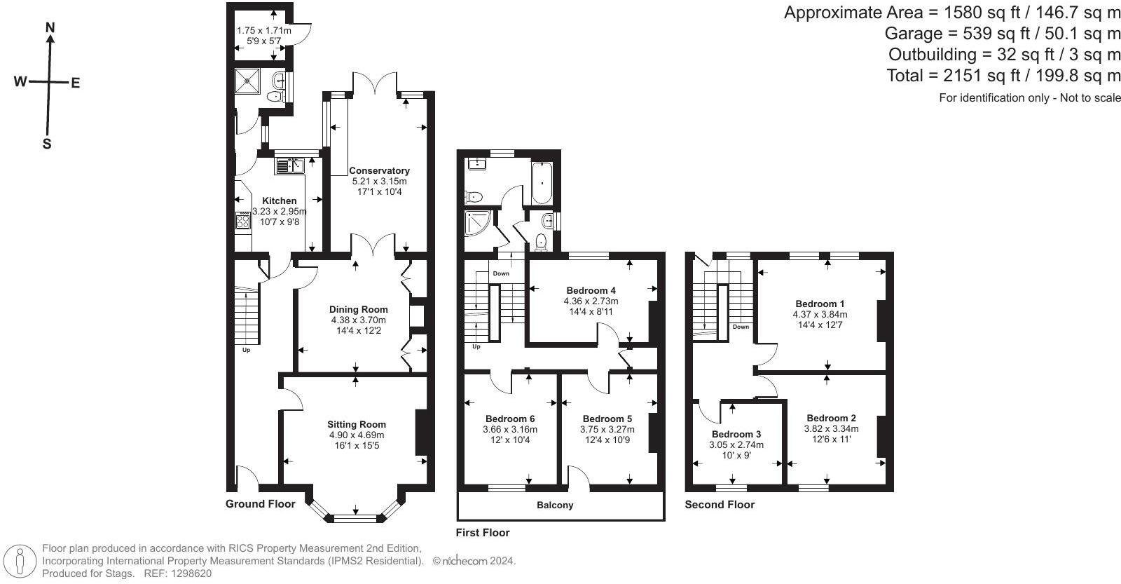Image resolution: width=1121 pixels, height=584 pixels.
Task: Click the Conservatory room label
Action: (x=379, y=170)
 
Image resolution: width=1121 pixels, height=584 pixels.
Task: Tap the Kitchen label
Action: (x=280, y=201)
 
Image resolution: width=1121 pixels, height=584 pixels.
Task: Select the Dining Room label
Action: (x=359, y=309)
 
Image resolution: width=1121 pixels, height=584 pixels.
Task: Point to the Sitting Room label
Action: (x=357, y=424)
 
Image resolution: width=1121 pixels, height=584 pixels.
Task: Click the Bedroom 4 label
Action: (x=591, y=290)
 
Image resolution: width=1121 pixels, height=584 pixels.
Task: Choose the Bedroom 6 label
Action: (x=509, y=419)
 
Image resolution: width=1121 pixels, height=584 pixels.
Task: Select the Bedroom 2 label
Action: (x=831, y=418)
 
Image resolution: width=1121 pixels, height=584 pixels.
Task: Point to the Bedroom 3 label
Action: (x=736, y=434)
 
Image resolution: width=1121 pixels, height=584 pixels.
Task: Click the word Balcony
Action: (x=555, y=505)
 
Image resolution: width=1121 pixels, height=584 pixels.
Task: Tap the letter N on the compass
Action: (x=50, y=28)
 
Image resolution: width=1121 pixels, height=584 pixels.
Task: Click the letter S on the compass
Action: (x=47, y=144)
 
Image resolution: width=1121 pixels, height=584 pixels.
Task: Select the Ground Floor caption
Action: (x=260, y=504)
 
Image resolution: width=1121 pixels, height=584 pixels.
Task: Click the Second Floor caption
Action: (x=720, y=505)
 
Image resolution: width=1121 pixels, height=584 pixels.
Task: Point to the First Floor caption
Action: (x=483, y=533)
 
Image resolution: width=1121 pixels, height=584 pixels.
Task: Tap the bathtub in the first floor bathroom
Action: (x=542, y=182)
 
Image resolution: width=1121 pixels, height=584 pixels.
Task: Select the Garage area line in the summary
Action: (x=1003, y=33)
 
